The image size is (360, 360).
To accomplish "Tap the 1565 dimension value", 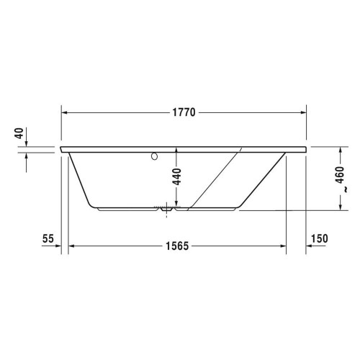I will (x=175, y=246).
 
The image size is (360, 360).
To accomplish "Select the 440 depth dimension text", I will (x=176, y=176).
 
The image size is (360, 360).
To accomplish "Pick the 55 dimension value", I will (x=48, y=238).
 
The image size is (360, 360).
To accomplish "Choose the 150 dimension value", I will (x=320, y=238).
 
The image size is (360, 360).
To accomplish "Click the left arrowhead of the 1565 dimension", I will (x=72, y=246).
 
